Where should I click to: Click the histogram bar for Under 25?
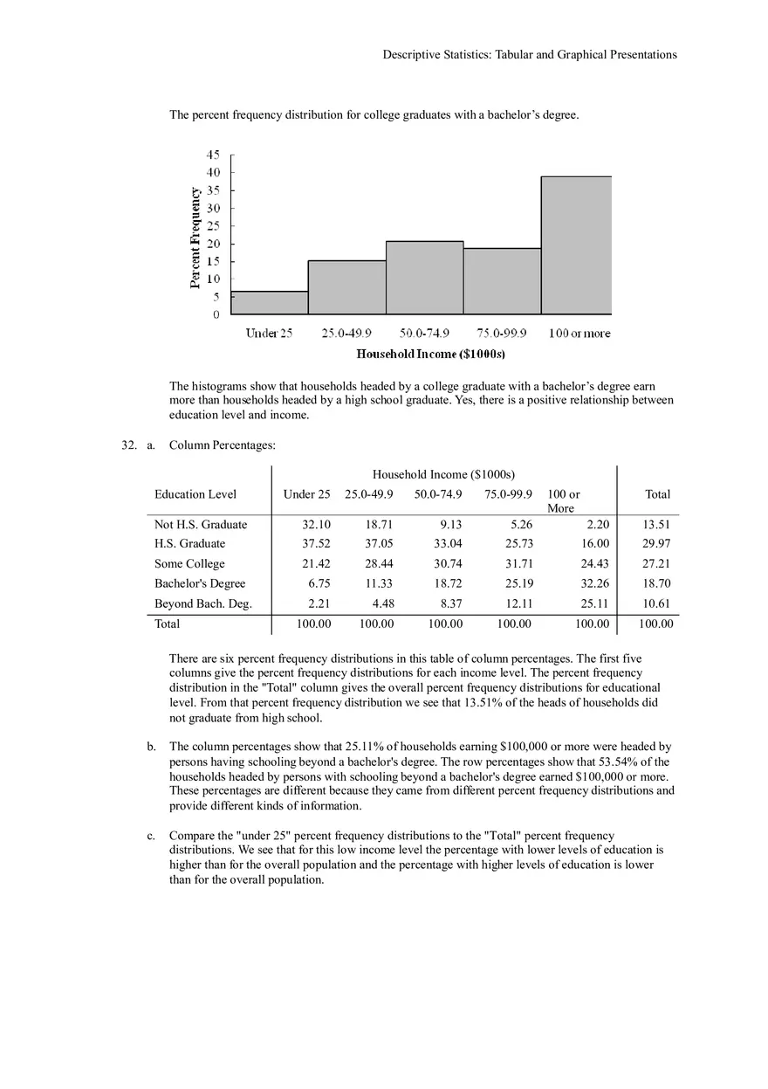[x=270, y=303]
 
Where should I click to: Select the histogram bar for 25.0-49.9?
[x=346, y=287]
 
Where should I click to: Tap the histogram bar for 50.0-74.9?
[x=424, y=278]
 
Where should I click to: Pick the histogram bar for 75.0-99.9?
[x=502, y=281]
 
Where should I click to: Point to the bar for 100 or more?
[x=576, y=245]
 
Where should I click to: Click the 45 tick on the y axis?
[x=214, y=155]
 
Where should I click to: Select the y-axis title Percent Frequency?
[x=195, y=236]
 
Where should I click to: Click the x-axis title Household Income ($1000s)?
[x=431, y=354]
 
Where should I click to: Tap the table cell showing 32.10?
[x=316, y=525]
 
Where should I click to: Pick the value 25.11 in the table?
[x=594, y=603]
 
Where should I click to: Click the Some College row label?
[x=189, y=564]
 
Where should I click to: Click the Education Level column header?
[x=195, y=494]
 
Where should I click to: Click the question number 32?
[x=129, y=445]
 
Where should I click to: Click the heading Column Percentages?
[x=223, y=445]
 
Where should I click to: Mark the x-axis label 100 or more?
[x=579, y=334]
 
